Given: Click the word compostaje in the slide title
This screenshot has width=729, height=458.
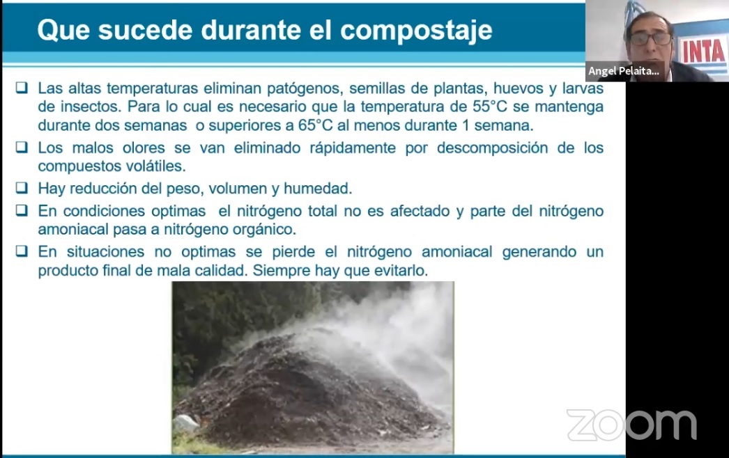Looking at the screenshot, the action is (416, 31).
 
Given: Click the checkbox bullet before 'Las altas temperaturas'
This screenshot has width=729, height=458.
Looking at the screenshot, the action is (22, 87).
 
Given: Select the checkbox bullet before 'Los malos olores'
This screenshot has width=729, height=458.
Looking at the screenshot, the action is (22, 147).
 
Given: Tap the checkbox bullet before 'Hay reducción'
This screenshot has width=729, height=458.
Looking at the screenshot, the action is (22, 188).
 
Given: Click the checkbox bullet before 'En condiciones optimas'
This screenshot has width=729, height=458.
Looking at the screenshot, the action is (22, 210).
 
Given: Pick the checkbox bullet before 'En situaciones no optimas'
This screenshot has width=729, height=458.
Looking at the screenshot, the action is (22, 251).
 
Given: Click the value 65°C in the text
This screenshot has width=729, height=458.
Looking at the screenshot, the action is (316, 125).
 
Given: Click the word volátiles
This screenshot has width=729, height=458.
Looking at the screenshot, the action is (156, 166).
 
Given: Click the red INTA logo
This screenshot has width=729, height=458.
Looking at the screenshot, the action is (703, 50).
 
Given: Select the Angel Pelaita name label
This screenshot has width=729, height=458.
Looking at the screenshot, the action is (624, 71).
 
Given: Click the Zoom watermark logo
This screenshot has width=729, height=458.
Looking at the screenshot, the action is (632, 425).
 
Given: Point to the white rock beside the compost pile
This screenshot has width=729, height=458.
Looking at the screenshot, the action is (186, 424).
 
